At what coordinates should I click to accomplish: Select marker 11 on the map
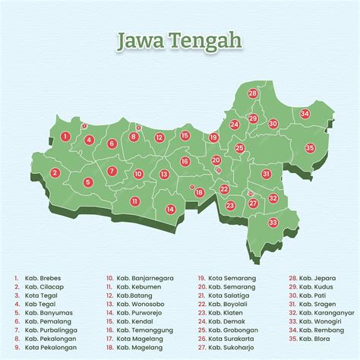point(134,201)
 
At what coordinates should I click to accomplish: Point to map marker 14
point(171,209)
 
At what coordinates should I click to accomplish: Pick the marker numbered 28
point(252,93)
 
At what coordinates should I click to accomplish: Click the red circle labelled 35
point(309,147)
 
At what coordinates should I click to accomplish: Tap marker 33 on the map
point(273,223)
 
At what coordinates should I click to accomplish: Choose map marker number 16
point(185,162)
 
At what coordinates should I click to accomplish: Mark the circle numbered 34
point(305,114)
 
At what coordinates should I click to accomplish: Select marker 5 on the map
point(88,182)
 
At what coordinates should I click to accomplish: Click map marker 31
point(267,174)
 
